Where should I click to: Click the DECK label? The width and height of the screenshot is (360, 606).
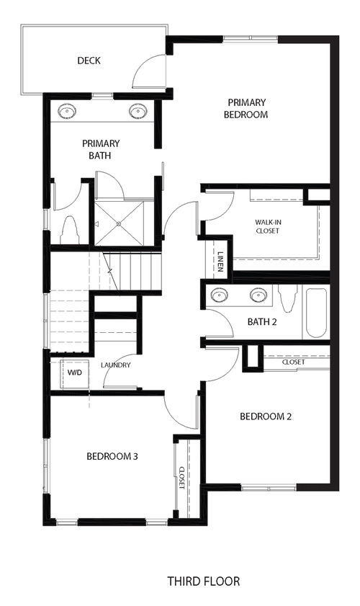coord(89,61)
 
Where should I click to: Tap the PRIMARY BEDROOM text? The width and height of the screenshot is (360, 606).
coord(246,109)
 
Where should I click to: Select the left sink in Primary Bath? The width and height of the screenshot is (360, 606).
coord(66,112)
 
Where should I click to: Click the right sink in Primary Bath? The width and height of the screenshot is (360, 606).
coord(137,111)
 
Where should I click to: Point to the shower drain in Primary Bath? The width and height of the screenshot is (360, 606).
coord(119,224)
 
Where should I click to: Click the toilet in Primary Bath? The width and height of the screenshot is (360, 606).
coord(71,231)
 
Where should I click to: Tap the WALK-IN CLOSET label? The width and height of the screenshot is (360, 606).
coord(267,226)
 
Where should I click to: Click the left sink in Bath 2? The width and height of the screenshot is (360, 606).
coord(219,295)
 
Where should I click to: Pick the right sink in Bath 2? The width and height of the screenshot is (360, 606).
coord(258,295)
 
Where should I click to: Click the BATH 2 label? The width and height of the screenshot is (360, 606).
coord(262,322)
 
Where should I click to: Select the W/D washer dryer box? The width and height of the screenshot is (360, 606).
coord(75,373)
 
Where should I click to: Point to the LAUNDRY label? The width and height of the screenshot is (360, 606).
coord(116,365)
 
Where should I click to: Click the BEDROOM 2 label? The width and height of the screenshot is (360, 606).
coord(266,416)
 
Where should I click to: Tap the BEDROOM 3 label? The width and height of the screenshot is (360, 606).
coord(112,456)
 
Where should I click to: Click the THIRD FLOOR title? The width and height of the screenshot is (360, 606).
coord(204,581)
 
